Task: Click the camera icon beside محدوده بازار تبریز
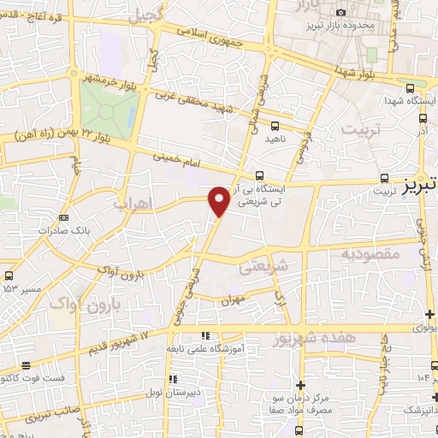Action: (x=341, y=12)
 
